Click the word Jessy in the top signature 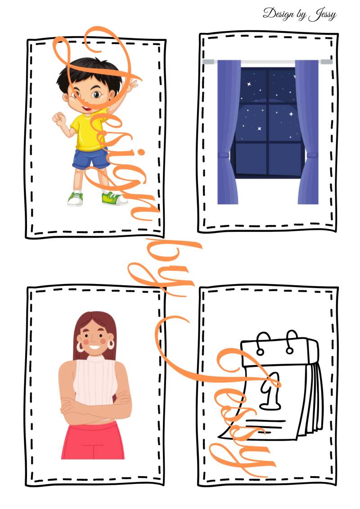click(322, 14)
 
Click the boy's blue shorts click(91, 158)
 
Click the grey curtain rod click(268, 62)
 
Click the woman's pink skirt click(93, 441)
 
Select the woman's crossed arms click(96, 407)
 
